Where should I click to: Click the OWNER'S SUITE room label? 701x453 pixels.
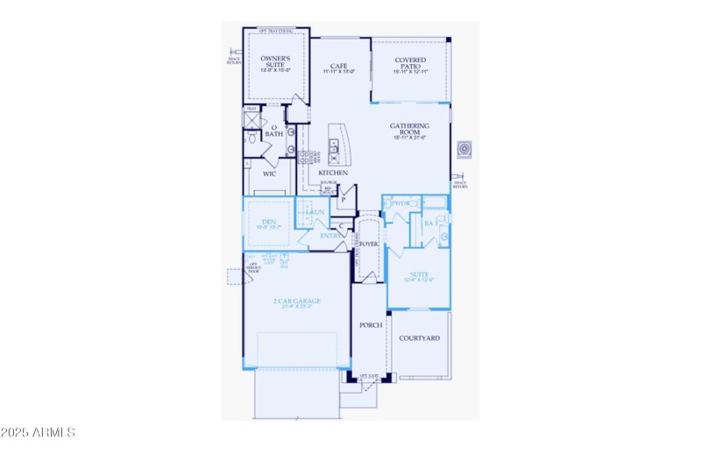coord(276,61)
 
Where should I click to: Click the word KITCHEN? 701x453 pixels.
coord(334,173)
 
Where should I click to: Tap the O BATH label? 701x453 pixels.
coord(274,131)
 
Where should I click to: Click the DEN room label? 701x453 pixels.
coord(269,223)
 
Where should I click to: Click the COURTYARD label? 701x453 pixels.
coord(419,338)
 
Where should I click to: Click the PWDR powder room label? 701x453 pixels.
coord(401,203)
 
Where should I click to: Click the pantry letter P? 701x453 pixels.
coord(343,200)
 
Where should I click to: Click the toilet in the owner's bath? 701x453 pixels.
coord(251,138)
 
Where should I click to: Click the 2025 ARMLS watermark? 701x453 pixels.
coord(39,433)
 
